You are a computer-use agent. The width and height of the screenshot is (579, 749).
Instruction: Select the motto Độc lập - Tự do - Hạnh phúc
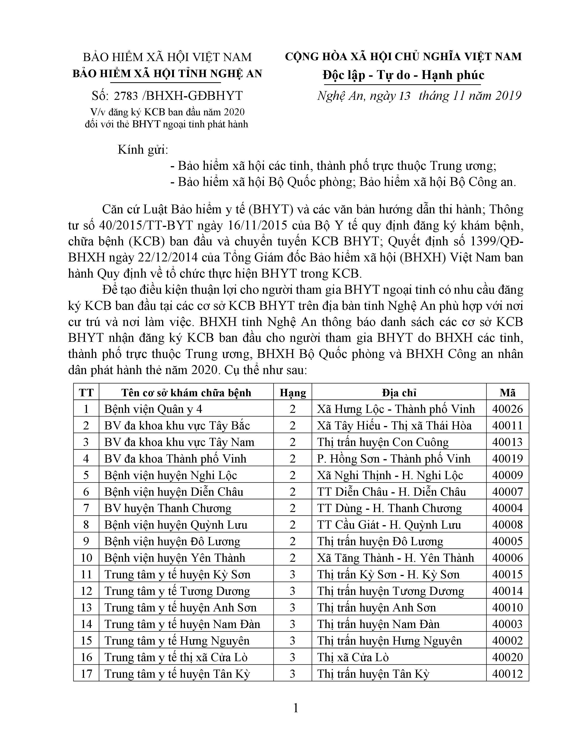tap(403, 75)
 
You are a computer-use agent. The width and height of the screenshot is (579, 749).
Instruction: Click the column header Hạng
tap(293, 393)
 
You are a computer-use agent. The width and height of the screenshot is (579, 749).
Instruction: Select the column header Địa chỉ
tap(399, 393)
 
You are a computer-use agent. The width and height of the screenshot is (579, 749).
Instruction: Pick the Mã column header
tap(507, 393)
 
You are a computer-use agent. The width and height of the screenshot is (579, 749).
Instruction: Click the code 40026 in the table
tap(507, 409)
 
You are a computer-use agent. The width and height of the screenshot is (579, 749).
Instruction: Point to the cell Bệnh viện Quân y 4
tap(153, 409)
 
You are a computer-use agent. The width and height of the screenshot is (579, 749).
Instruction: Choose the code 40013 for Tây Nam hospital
tap(507, 442)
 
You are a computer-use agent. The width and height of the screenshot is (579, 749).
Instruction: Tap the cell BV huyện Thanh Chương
tap(168, 508)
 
